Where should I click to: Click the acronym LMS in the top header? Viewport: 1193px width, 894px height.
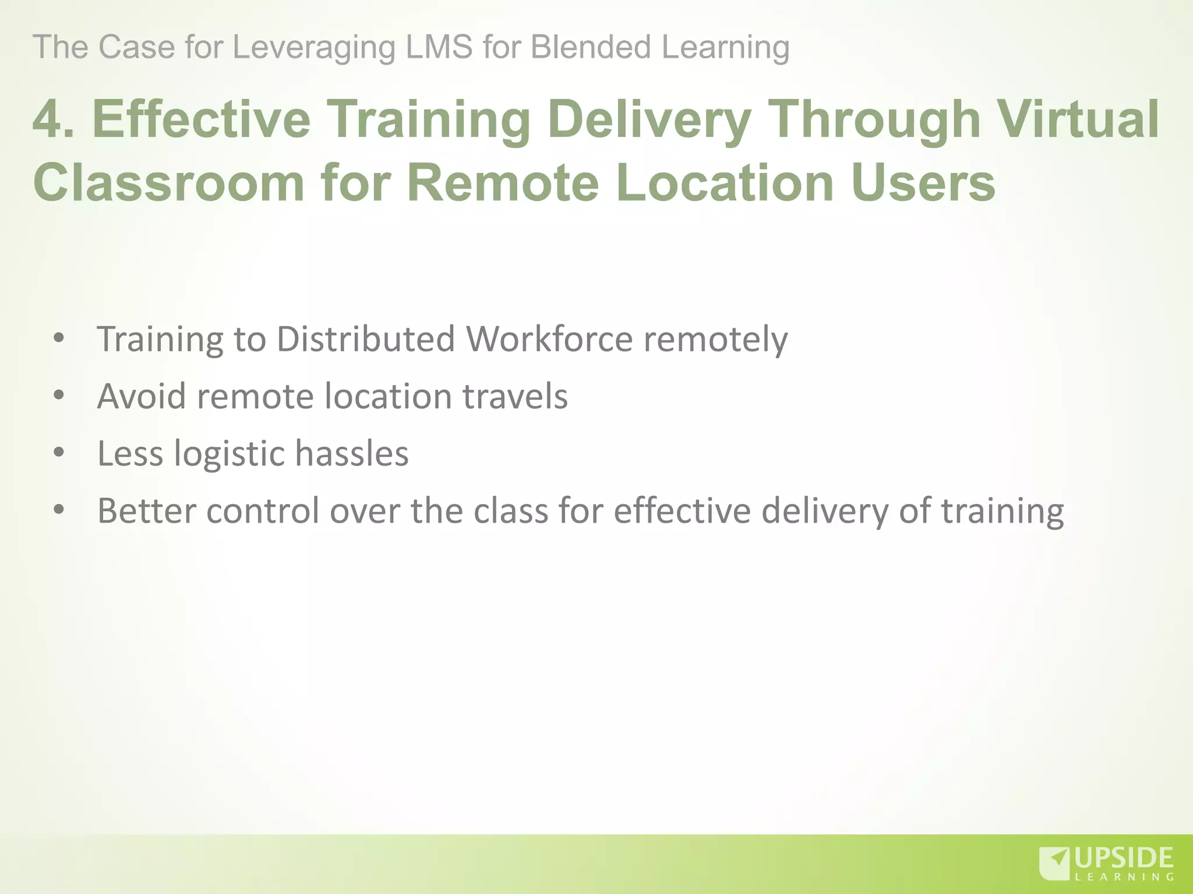(x=439, y=47)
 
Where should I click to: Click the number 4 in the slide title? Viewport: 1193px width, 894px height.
(x=48, y=119)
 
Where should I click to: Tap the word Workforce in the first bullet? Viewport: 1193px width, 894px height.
(x=549, y=339)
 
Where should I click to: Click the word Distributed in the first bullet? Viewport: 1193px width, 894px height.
(x=365, y=339)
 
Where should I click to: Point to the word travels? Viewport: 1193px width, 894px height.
(x=515, y=396)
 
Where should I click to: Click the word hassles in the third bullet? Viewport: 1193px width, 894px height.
(x=352, y=453)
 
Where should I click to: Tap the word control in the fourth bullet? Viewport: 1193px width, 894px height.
(x=263, y=510)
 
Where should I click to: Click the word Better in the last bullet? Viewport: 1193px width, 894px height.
(x=146, y=510)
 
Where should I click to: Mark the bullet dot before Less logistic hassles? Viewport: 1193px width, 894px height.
(x=58, y=453)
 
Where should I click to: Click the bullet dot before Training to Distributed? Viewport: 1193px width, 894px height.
(x=58, y=338)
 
